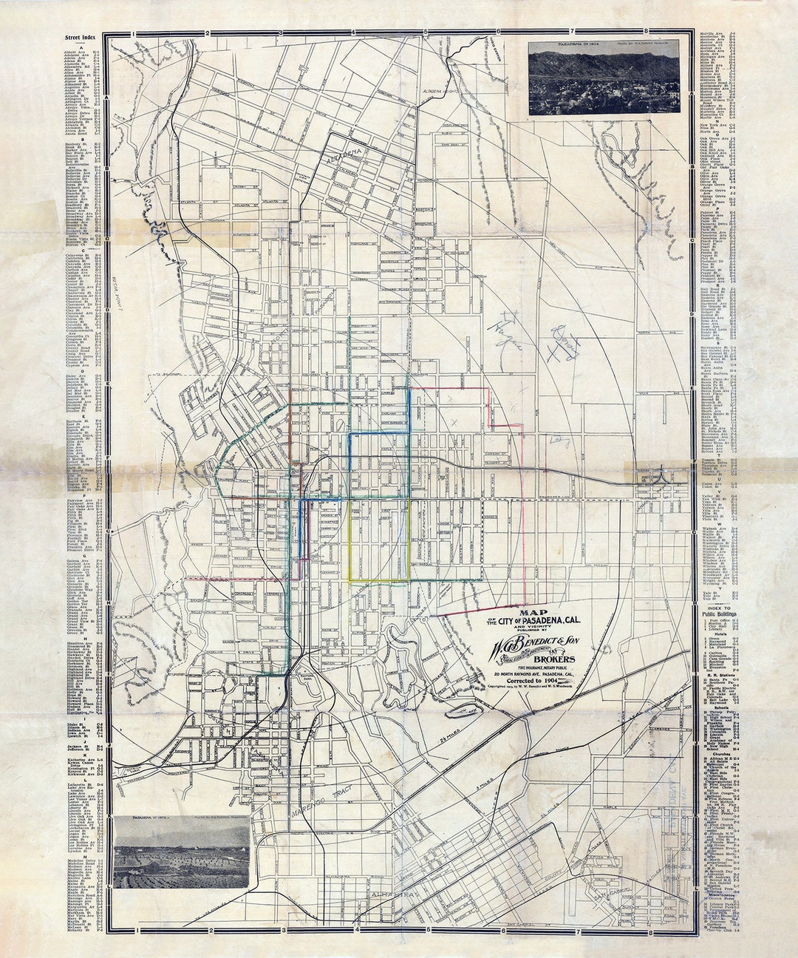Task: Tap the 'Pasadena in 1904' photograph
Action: click(x=604, y=78)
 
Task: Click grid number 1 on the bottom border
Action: click(x=138, y=931)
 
